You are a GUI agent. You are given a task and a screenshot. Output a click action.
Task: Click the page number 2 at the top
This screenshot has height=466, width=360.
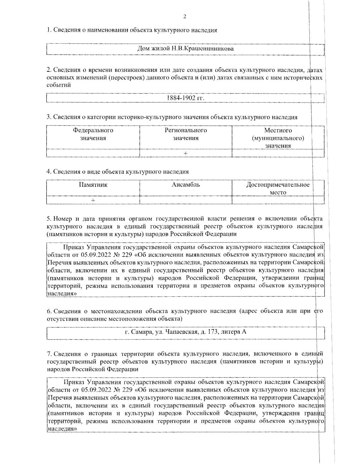click(x=184, y=17)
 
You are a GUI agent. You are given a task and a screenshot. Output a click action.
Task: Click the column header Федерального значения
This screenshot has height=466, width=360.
click(x=93, y=134)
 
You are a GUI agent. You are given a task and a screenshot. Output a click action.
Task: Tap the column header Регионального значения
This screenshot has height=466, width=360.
click(x=186, y=134)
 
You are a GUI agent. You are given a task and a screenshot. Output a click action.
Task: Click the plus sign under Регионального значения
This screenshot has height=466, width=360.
click(x=186, y=153)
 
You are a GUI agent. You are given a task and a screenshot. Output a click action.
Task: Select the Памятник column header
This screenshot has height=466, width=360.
click(x=93, y=185)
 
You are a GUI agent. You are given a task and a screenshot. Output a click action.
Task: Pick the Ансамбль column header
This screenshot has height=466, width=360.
click(x=186, y=185)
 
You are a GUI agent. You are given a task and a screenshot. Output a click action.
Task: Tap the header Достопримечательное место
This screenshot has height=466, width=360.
click(x=278, y=188)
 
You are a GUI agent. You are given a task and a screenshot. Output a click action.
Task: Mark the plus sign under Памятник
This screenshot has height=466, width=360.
click(x=93, y=200)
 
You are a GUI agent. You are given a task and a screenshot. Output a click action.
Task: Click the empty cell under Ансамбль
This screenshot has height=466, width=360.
click(x=186, y=200)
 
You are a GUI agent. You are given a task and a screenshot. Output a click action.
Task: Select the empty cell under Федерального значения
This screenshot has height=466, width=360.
click(x=93, y=153)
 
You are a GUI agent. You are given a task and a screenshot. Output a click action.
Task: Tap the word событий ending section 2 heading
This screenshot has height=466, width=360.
click(x=59, y=85)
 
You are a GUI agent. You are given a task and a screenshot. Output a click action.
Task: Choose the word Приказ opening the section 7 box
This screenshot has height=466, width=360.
click(x=73, y=382)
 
